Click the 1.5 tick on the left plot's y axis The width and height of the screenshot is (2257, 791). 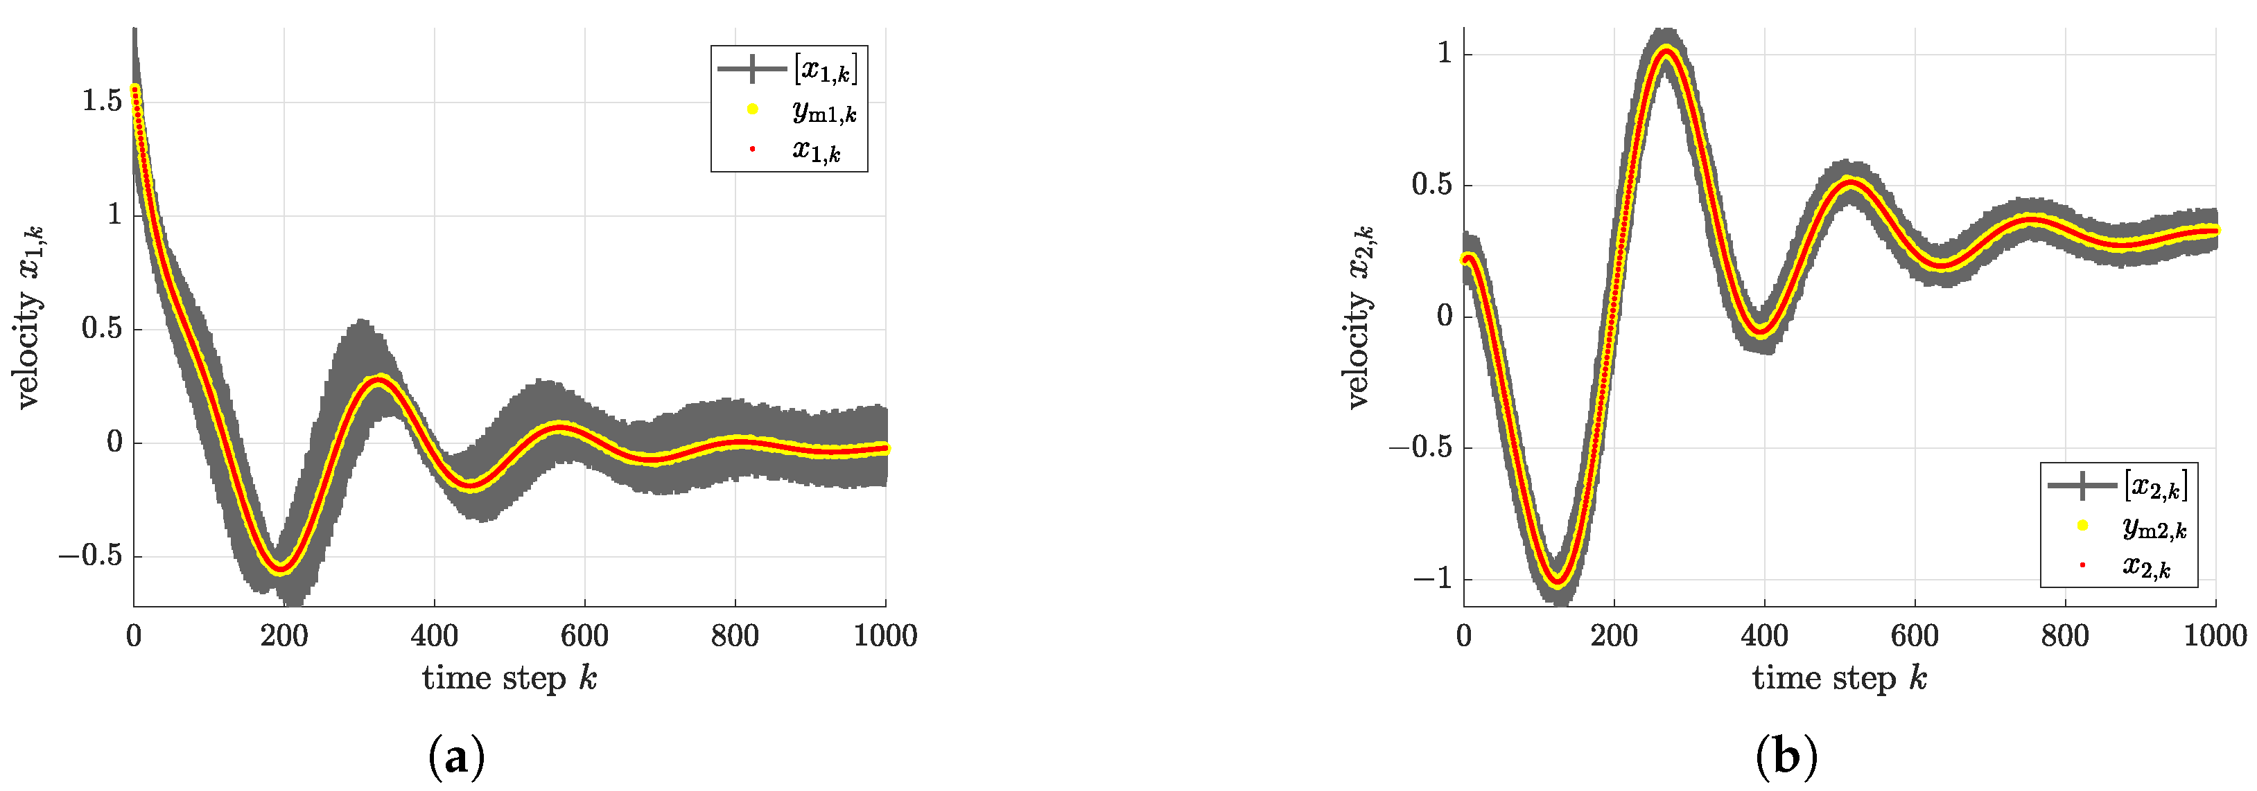click(102, 102)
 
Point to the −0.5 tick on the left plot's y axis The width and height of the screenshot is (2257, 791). click(90, 556)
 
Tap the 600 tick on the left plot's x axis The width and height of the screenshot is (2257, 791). click(584, 635)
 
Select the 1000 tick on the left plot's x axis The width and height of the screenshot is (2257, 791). click(885, 635)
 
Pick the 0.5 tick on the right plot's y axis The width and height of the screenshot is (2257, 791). click(1431, 185)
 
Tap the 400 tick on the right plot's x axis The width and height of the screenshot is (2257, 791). click(1763, 635)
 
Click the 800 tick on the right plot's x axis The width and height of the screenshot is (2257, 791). click(2064, 635)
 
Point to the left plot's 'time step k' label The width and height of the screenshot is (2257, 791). click(509, 678)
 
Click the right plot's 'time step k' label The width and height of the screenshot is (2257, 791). click(1839, 678)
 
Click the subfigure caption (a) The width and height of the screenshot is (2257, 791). click(457, 758)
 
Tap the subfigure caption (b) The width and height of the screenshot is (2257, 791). click(1786, 758)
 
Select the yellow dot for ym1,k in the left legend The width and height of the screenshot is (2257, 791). click(751, 109)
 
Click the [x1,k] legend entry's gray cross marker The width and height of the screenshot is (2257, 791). click(751, 69)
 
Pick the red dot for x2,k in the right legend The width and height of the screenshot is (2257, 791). click(2082, 565)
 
